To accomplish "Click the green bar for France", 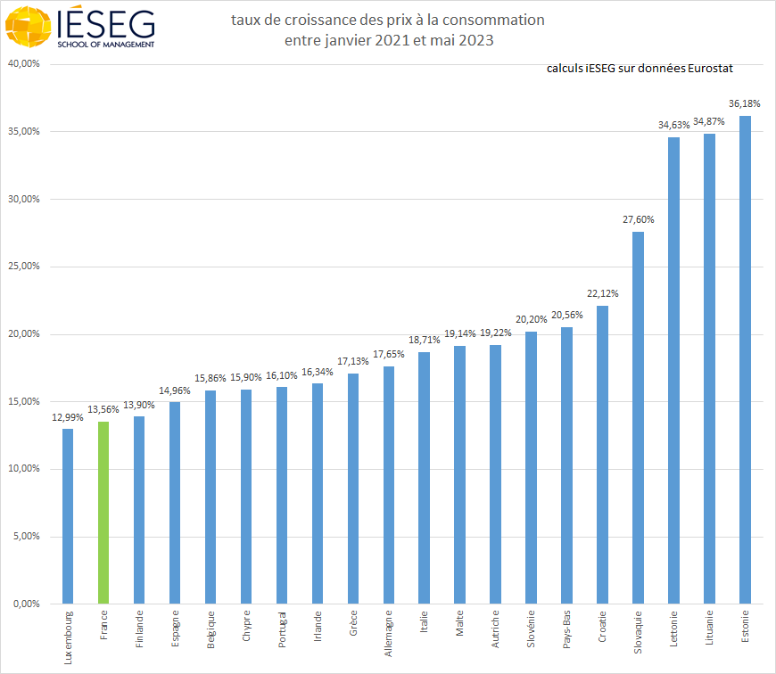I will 103,513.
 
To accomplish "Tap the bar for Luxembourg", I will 68,516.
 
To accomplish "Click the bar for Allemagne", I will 389,485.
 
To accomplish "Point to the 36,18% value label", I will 745,104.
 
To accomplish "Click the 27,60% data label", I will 638,219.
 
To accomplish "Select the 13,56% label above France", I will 103,410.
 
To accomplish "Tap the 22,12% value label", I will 603,293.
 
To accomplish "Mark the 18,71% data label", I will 425,340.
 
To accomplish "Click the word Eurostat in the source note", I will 709,69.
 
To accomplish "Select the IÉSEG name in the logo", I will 105,21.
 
